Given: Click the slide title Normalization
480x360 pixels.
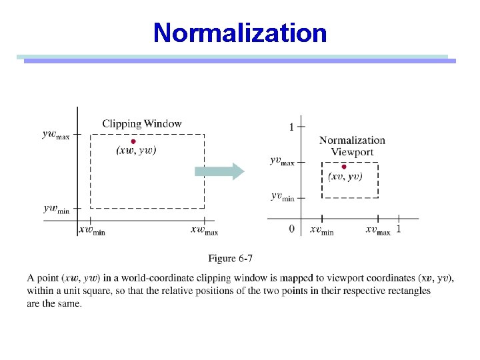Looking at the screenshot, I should (x=240, y=33).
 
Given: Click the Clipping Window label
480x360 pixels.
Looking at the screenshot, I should (x=141, y=123).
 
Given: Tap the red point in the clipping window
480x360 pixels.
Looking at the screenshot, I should (x=133, y=141).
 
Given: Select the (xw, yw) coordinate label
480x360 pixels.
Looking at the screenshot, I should (x=136, y=151).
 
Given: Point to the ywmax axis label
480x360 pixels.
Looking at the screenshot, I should (x=55, y=135).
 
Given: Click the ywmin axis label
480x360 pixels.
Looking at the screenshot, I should (x=56, y=208).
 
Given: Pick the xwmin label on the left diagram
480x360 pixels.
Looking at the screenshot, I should (x=93, y=230).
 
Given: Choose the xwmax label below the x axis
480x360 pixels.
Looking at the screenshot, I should (x=205, y=230).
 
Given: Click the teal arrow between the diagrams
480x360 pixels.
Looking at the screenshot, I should (x=219, y=171).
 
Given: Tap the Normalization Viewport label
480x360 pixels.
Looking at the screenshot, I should (x=352, y=146).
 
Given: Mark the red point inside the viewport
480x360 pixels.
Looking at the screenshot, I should (x=344, y=166).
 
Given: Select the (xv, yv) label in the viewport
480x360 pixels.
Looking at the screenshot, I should (x=345, y=177).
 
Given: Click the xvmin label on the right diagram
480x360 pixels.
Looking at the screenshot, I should (x=321, y=230).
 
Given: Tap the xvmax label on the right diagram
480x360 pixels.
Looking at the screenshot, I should (x=377, y=230).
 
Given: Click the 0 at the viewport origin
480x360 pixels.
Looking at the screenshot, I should (x=291, y=229).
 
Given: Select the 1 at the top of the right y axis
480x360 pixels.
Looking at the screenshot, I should (x=291, y=127).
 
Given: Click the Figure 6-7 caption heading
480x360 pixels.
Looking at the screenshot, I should (x=230, y=258).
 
